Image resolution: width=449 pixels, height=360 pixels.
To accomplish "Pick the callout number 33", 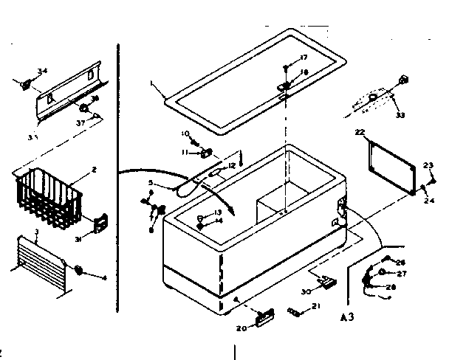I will click(x=401, y=114).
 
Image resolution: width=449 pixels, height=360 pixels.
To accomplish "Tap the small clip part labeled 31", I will click(x=99, y=221).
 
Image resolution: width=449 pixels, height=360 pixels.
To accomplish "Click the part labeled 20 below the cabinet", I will click(x=264, y=317).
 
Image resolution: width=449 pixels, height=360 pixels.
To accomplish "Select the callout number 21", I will click(x=316, y=305).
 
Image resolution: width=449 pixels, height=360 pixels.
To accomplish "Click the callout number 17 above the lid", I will click(x=304, y=58).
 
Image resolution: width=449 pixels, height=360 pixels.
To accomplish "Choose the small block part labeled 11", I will click(x=206, y=153).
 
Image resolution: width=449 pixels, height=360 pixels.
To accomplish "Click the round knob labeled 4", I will click(x=78, y=271).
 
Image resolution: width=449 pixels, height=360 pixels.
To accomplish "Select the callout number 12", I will click(x=230, y=165).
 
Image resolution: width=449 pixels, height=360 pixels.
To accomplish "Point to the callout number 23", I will click(x=428, y=165).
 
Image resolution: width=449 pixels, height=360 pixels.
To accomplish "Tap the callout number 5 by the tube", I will click(x=171, y=183).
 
